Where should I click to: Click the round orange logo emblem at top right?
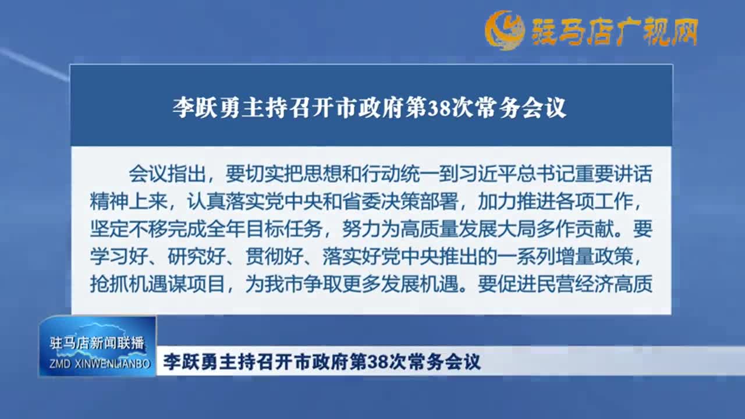[504, 30]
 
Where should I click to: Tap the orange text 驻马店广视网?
[615, 31]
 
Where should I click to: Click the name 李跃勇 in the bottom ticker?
[191, 362]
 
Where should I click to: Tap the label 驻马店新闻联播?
[97, 343]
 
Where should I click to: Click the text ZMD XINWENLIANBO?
[100, 364]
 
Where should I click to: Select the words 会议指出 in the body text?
[167, 173]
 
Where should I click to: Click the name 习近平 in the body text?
[487, 173]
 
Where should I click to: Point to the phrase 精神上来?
[129, 201]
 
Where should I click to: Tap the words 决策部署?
[420, 201]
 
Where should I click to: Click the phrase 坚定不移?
[129, 229]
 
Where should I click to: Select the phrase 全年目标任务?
[264, 229]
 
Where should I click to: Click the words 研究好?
[196, 257]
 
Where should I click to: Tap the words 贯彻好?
[274, 257]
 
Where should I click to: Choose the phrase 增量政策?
[594, 257]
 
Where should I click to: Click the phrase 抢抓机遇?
[129, 284]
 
